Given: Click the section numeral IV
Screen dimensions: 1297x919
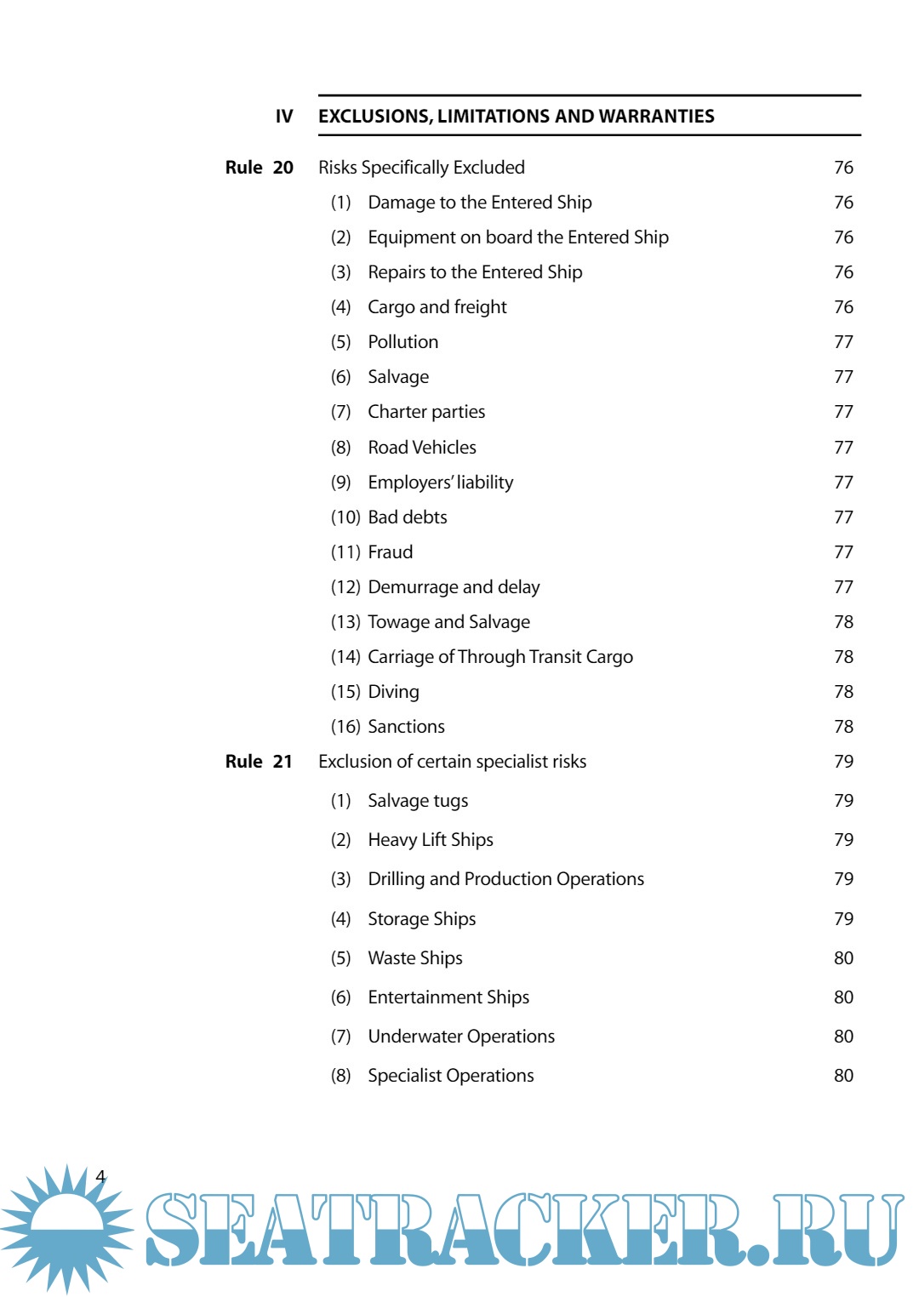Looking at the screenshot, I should coord(284,117).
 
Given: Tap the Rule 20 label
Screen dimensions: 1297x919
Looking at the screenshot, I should coord(259,168).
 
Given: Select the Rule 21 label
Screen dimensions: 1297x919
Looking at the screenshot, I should coord(259,762).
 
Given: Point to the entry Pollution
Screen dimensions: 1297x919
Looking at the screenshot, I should coord(402,342).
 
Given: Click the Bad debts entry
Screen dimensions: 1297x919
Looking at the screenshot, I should coord(407,517).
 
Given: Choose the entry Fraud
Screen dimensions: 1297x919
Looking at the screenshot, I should coord(390,552).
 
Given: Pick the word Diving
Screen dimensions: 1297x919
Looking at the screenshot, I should coord(393,692).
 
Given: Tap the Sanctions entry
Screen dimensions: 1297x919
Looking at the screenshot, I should coord(406,727).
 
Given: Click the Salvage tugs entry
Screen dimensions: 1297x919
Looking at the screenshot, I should coord(418,801).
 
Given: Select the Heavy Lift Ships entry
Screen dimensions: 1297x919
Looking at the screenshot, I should coord(431,840).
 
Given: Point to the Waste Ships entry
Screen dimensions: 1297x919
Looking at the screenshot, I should coord(415,958).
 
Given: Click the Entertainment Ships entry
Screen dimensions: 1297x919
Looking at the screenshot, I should coord(448,997).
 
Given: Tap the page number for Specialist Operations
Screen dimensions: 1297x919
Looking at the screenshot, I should coord(843,1076).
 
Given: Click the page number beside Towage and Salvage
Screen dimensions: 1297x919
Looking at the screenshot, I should coord(843,622).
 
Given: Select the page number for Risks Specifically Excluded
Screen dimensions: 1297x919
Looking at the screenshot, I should coord(843,168).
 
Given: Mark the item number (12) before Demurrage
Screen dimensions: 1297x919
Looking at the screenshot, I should coord(345,587).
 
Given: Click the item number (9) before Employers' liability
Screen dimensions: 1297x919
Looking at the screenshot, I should coord(340,483).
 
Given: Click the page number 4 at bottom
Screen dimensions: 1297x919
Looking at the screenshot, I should coord(100,1177).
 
